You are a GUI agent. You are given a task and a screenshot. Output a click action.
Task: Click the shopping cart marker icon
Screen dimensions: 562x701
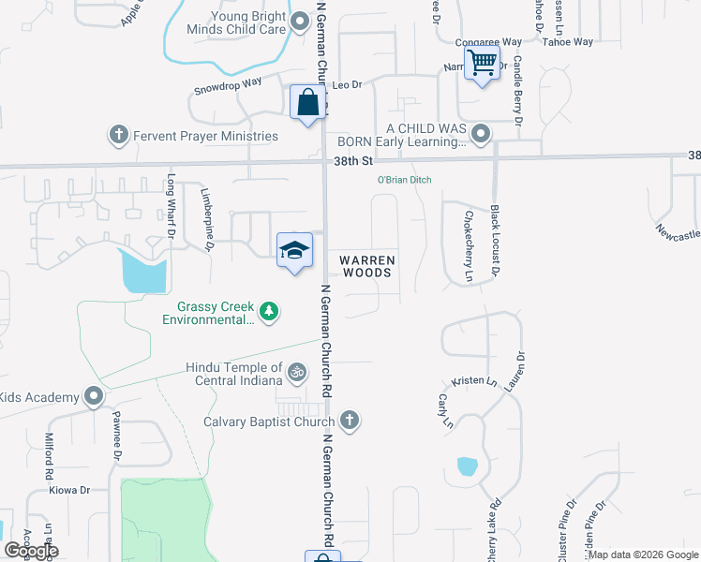click(482, 64)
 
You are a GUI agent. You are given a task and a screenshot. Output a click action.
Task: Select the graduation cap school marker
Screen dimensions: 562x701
click(294, 250)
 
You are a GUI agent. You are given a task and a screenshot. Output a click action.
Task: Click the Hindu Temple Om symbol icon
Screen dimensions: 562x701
click(297, 373)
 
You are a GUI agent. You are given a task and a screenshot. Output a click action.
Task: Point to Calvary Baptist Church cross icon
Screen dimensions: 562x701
click(350, 420)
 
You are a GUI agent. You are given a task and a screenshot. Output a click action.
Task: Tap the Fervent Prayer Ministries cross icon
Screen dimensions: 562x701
click(119, 135)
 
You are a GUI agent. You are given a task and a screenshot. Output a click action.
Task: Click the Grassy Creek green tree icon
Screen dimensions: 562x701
click(269, 312)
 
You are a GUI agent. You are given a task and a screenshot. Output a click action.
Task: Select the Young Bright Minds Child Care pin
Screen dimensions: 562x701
click(300, 22)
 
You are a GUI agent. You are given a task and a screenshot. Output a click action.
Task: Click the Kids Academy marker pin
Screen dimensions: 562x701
click(93, 397)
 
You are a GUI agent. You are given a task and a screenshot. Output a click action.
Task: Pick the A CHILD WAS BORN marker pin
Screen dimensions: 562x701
click(481, 133)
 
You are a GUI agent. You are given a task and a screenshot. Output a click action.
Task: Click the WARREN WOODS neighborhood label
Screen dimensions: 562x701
click(365, 266)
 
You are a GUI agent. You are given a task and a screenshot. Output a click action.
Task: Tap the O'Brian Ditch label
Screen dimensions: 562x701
click(404, 180)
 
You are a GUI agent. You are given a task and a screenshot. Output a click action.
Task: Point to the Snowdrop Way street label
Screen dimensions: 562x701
click(227, 87)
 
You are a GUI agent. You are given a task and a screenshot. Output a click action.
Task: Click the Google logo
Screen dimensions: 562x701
click(32, 551)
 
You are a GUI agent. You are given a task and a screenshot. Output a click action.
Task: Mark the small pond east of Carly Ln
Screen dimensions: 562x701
click(466, 466)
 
